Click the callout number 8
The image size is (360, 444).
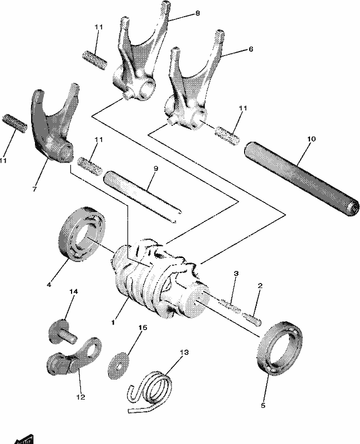197,13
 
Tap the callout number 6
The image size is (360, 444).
251,49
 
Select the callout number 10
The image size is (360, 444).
311,139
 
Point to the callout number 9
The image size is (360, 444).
156,168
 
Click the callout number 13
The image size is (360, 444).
184,352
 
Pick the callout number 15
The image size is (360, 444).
143,327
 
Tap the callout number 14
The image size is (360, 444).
74,291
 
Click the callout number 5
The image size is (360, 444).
263,406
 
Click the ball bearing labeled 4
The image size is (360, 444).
82,234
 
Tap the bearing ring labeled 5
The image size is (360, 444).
280,349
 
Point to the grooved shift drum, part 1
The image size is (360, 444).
160,280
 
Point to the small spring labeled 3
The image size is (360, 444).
229,306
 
